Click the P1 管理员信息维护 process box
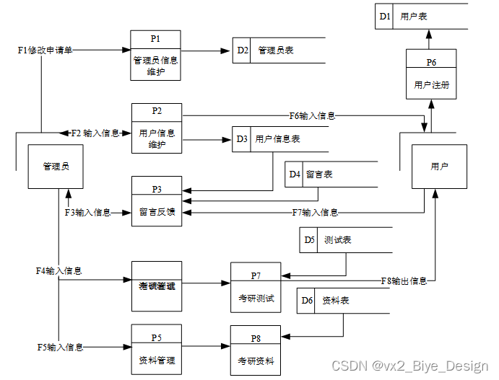coord(155,56)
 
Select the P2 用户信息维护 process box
coord(156,128)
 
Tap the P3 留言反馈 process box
coord(156,201)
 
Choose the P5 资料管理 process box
coord(156,348)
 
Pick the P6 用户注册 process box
coord(431,74)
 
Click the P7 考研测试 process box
coord(255,287)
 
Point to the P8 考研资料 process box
coord(255,350)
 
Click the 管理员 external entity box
coord(56,167)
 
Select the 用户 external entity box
coord(439,167)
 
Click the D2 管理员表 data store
coord(278,50)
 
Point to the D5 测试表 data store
coord(339,240)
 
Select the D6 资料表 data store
coord(339,300)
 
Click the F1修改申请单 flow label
coord(45,50)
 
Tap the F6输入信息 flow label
coord(312,115)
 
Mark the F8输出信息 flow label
coord(404,280)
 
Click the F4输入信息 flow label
coord(59,271)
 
